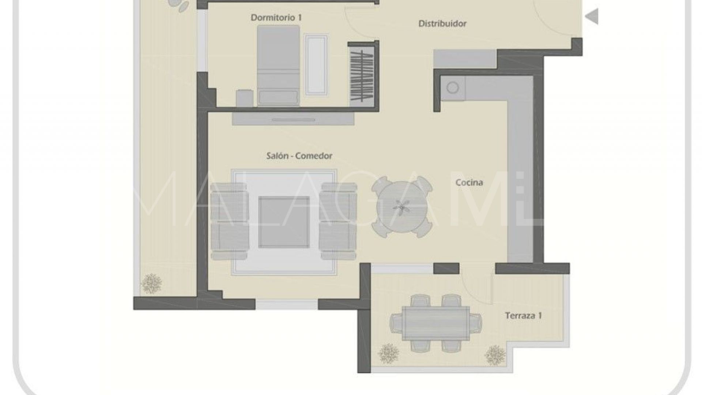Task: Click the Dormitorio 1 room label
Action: coord(276,18)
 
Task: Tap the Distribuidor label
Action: coord(442,24)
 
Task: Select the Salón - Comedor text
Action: coord(299,156)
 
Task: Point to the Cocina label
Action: coord(469,182)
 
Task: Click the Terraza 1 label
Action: coord(523,315)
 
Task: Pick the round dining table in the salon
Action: coord(401,207)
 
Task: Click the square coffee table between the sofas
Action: coord(284,222)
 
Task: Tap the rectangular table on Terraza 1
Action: coord(435,323)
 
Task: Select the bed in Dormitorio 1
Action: coord(278,66)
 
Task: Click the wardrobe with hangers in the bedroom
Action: coord(362,75)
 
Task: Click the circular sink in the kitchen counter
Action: coord(453,88)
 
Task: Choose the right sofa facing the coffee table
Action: coord(338,221)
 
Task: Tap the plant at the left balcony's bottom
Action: coord(151,283)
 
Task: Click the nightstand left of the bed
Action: coord(245,98)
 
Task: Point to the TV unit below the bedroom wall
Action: coord(293,118)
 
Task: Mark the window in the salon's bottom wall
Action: coord(287,304)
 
